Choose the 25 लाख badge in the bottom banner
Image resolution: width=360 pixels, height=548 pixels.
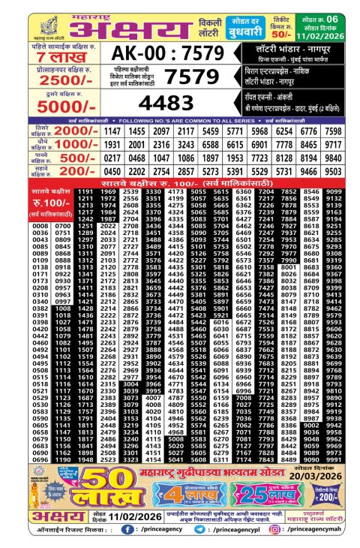coord(259,497)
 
